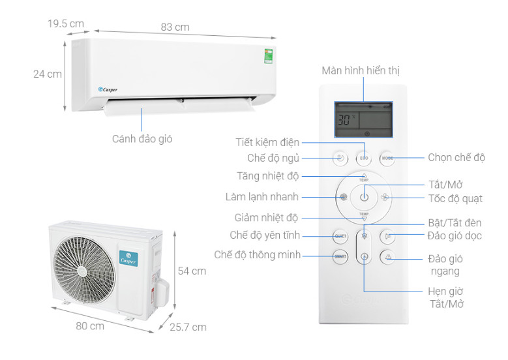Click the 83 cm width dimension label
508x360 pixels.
coord(175,27)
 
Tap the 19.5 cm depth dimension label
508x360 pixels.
coord(66,23)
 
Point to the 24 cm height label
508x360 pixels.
coord(47,74)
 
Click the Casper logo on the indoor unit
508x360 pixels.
coord(108,89)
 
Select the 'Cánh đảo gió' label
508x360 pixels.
coord(142,138)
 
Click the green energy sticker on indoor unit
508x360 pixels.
coord(268,55)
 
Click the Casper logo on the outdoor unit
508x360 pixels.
coord(127,255)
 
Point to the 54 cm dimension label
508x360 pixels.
coord(192,270)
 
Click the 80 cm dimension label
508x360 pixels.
coord(89,325)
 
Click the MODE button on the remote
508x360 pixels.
coord(388,158)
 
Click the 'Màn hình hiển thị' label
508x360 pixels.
coord(360,70)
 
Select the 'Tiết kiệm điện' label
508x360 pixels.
coord(267,142)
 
